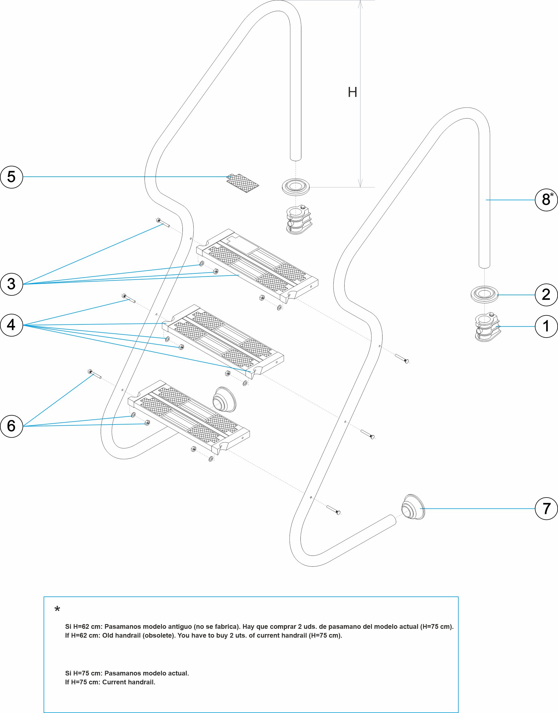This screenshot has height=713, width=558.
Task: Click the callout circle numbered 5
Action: pyautogui.click(x=11, y=177)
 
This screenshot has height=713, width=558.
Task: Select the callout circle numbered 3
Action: pyautogui.click(x=11, y=284)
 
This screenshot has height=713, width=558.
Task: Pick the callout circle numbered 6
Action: pyautogui.click(x=11, y=426)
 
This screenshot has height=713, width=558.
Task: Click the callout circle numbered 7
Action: pyautogui.click(x=546, y=509)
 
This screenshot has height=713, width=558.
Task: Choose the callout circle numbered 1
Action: pyautogui.click(x=546, y=326)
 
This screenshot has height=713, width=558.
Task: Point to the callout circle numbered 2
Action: pyautogui.click(x=546, y=295)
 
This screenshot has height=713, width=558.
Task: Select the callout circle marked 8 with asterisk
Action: pyautogui.click(x=547, y=200)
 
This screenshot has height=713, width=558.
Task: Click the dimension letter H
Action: pyautogui.click(x=352, y=92)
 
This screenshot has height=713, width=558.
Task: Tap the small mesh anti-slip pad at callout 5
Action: pyautogui.click(x=243, y=183)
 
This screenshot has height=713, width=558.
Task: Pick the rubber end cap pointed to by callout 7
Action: pyautogui.click(x=413, y=508)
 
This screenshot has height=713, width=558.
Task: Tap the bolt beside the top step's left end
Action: pyautogui.click(x=163, y=223)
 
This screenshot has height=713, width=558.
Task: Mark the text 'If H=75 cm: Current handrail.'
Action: pyautogui.click(x=110, y=682)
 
